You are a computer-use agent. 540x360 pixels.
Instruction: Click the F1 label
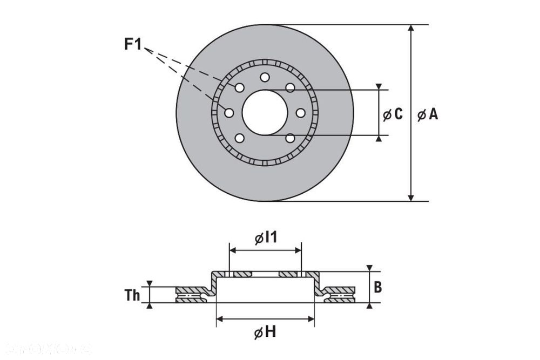[132, 44]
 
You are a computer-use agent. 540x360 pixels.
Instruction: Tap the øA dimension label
[428, 114]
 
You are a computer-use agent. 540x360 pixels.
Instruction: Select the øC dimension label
[393, 114]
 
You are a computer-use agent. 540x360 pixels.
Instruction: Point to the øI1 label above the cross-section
[265, 237]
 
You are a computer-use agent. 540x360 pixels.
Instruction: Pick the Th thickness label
[132, 295]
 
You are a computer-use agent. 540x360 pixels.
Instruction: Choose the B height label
[378, 287]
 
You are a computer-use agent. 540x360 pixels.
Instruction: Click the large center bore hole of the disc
[265, 112]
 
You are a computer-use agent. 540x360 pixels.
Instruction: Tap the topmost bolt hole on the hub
[265, 77]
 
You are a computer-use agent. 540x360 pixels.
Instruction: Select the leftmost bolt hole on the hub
[229, 112]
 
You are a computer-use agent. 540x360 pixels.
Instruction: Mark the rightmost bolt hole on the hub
[301, 112]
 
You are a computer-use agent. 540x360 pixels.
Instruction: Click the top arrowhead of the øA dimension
[411, 28]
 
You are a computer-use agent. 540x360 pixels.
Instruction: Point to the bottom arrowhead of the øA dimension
[411, 198]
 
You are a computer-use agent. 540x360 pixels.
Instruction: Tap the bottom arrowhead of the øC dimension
[379, 138]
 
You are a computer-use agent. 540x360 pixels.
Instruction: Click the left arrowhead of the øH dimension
[219, 319]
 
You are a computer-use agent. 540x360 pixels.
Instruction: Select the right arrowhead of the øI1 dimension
[298, 250]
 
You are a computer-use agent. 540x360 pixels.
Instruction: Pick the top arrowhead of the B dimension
[369, 268]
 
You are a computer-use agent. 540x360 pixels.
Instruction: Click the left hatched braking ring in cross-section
[191, 295]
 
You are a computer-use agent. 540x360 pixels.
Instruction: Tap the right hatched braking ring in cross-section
[340, 295]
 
